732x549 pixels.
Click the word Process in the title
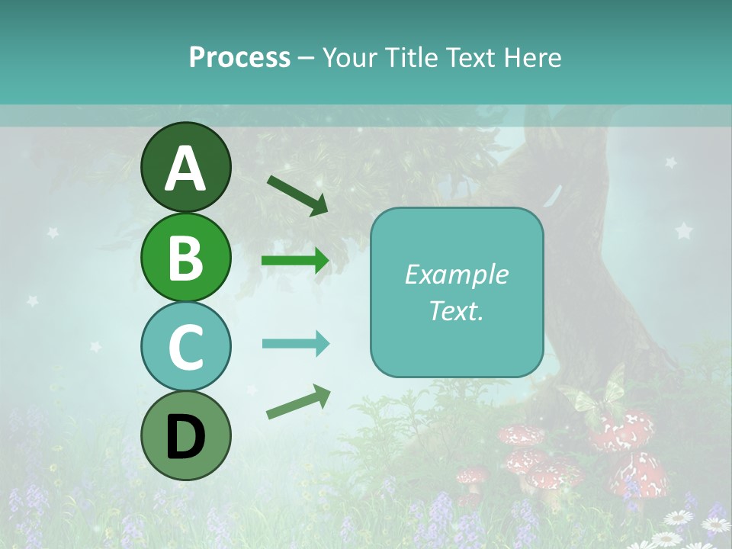coord(239,57)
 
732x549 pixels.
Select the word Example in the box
coord(456,274)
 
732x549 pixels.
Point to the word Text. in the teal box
coord(456,310)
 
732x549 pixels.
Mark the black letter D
coord(185,436)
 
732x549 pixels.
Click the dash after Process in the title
coord(307,58)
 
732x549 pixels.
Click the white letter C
coord(185,347)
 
